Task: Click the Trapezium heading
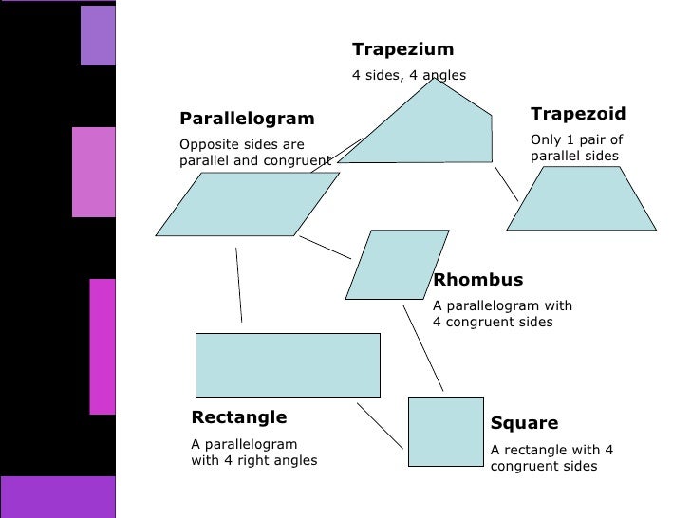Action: (x=402, y=49)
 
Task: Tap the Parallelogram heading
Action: (x=247, y=119)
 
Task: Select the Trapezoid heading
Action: (x=578, y=114)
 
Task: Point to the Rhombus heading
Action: (x=477, y=280)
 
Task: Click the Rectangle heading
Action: (x=239, y=417)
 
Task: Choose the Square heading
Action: (x=524, y=423)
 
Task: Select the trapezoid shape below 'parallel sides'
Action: (x=581, y=199)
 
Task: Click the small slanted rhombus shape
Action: (x=397, y=264)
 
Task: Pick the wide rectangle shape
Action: (x=287, y=364)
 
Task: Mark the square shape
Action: (x=445, y=431)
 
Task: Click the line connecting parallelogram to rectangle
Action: (x=238, y=285)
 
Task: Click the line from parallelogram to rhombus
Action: (x=325, y=247)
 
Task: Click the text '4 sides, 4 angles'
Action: (x=409, y=75)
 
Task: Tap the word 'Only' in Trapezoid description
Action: (x=546, y=139)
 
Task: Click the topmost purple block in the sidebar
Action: (x=98, y=35)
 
